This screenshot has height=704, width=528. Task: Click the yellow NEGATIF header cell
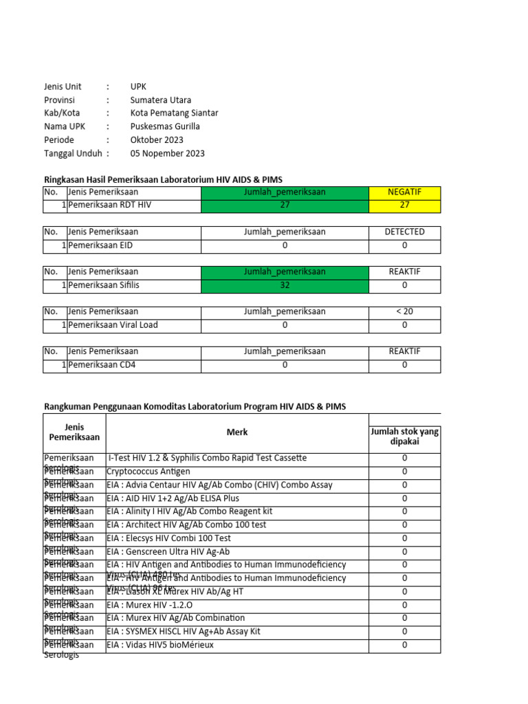click(x=404, y=192)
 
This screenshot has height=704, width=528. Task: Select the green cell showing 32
click(x=285, y=285)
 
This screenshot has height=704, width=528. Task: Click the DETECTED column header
click(x=404, y=232)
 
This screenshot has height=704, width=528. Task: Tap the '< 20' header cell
click(x=404, y=311)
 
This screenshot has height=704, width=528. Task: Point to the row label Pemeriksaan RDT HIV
click(x=109, y=206)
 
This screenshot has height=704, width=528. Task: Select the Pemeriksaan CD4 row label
click(x=102, y=365)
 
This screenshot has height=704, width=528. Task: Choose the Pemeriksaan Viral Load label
click(x=113, y=324)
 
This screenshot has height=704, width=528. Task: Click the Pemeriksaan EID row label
click(x=100, y=245)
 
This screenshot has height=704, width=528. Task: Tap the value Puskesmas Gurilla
click(x=165, y=126)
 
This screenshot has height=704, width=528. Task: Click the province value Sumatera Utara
click(x=161, y=100)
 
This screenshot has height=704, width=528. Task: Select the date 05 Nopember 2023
click(x=167, y=153)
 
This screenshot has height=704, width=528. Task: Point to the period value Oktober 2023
click(x=157, y=140)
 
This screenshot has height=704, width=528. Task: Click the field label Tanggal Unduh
click(x=73, y=153)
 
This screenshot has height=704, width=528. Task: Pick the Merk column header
click(x=237, y=432)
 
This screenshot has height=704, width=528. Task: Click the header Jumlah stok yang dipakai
click(x=404, y=437)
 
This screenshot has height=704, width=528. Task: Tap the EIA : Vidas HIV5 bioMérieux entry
click(x=160, y=645)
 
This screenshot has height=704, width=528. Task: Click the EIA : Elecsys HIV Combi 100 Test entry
click(x=168, y=538)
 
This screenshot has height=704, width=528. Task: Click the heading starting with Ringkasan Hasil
click(x=163, y=179)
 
